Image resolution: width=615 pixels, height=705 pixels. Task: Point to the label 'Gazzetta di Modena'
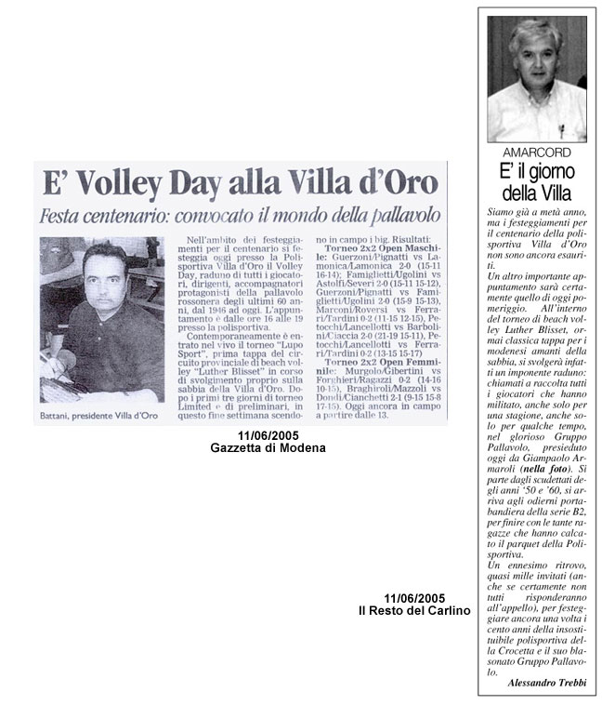268,448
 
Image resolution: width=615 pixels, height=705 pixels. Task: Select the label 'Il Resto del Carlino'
413,609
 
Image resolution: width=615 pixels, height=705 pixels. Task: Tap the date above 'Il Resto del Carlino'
413,597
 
